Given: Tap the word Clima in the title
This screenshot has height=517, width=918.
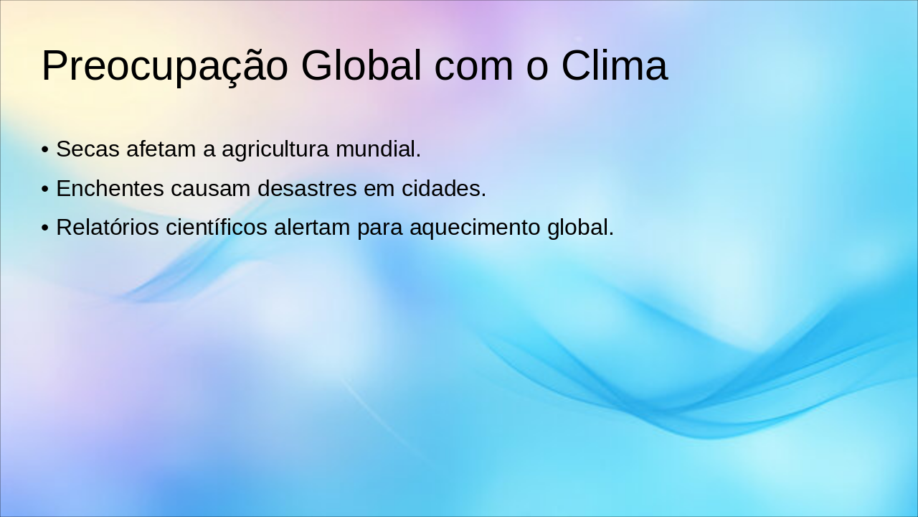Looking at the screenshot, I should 614,66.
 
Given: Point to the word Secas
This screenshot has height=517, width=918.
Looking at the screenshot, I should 87,149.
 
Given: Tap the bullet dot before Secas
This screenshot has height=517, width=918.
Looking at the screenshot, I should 45,150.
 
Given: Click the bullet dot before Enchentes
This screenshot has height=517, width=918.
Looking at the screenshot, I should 45,190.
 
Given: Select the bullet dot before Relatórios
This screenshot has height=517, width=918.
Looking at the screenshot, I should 45,228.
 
